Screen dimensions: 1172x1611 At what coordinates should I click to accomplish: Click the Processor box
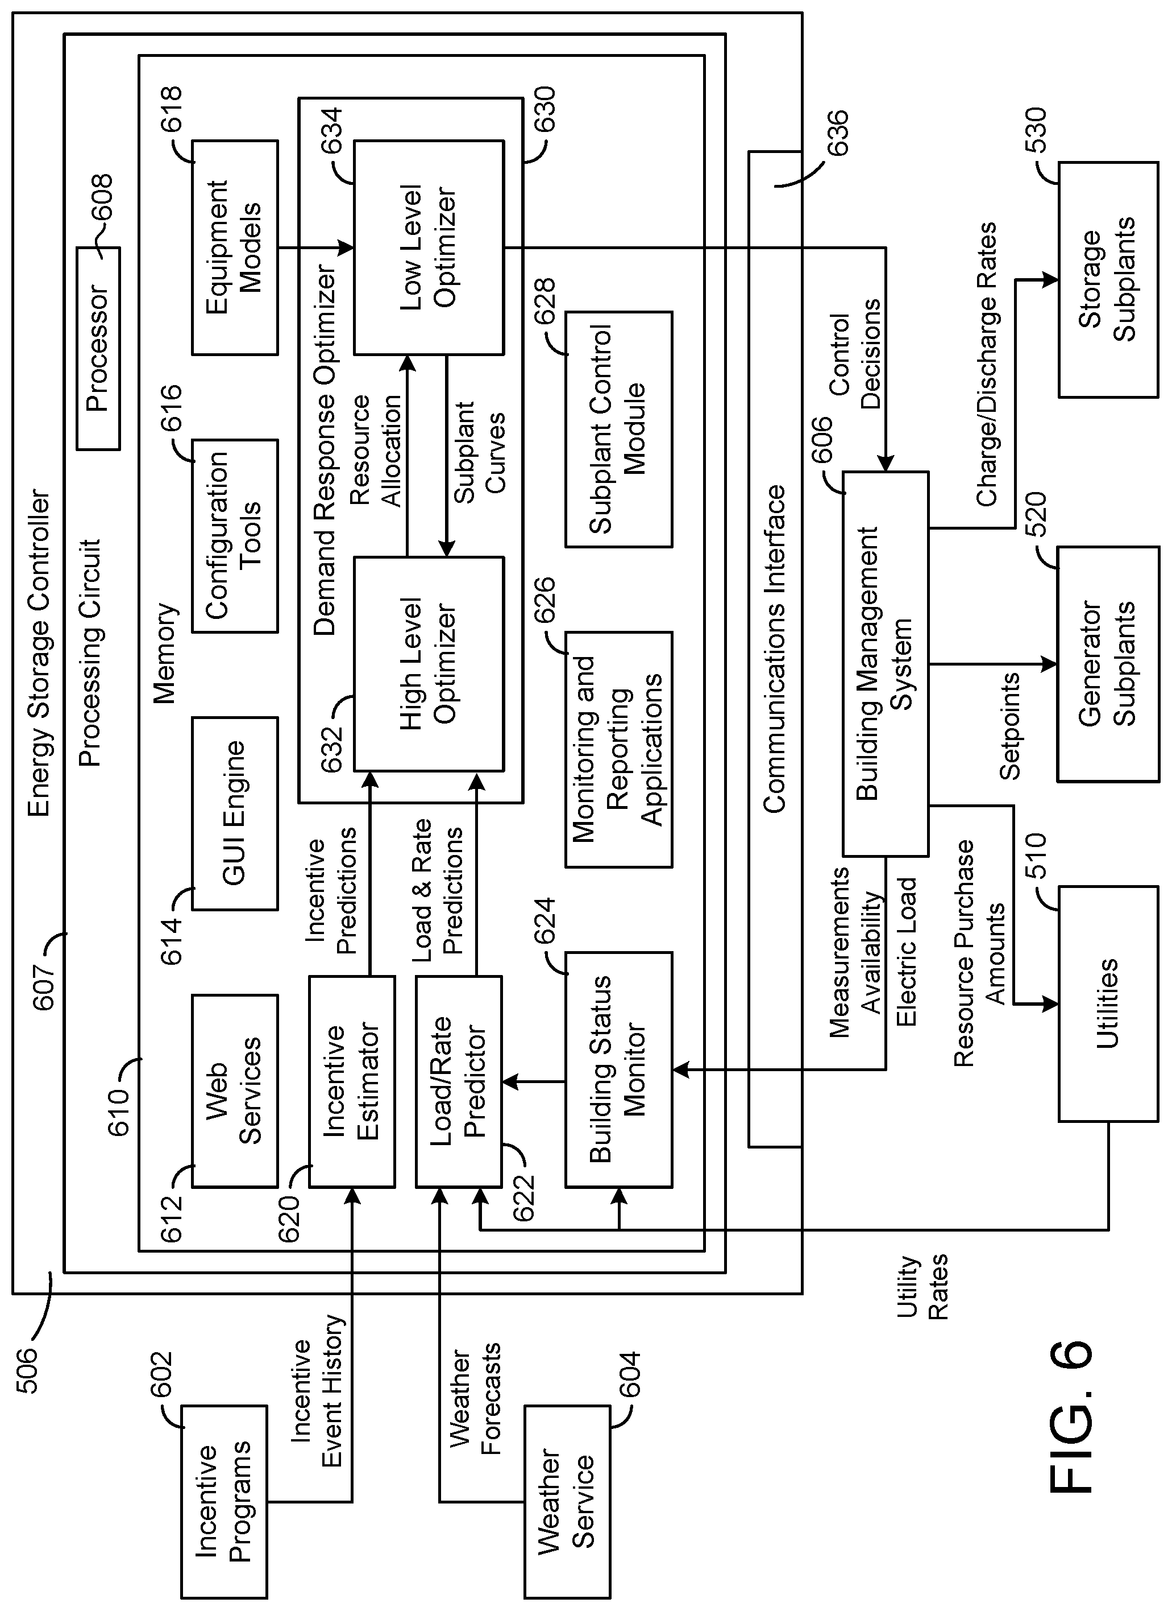pyautogui.click(x=98, y=349)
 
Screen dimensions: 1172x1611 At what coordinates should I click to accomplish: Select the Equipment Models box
pyautogui.click(x=234, y=247)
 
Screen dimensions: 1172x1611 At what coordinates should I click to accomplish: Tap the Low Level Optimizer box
pyautogui.click(x=429, y=247)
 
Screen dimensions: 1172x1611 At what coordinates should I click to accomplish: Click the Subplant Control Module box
pyautogui.click(x=618, y=429)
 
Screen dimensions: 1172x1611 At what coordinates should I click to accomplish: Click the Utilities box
pyautogui.click(x=1108, y=1005)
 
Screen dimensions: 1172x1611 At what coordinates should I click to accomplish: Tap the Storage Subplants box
pyautogui.click(x=1108, y=279)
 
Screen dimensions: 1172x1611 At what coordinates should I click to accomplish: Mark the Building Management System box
pyautogui.click(x=885, y=663)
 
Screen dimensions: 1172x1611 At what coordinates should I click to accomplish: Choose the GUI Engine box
pyautogui.click(x=234, y=813)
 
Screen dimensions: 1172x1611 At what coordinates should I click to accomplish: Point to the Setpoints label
pyautogui.click(x=1009, y=726)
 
